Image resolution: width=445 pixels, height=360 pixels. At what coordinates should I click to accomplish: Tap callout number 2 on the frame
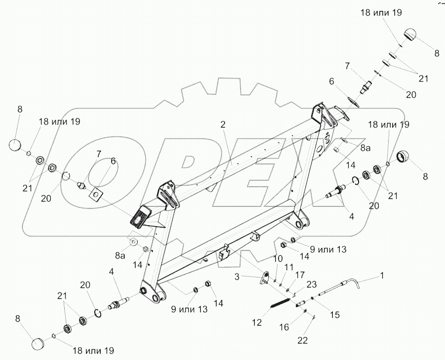(223, 124)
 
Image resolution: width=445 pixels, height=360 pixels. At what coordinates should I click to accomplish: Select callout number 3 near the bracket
(238, 277)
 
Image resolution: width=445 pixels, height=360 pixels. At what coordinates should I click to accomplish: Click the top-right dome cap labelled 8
(410, 36)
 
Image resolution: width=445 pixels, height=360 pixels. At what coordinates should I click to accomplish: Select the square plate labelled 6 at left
(97, 195)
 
